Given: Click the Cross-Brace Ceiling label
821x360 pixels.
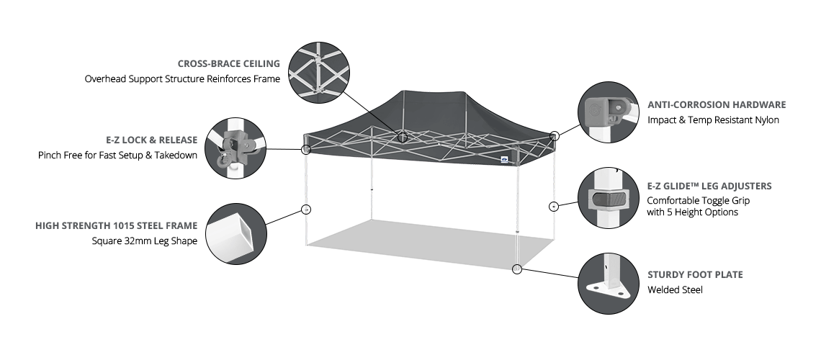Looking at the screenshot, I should [229, 64].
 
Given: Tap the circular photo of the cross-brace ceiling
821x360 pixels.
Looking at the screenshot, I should [318, 71].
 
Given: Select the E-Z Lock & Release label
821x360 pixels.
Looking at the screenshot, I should [151, 140].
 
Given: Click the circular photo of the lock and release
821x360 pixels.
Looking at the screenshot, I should [236, 148].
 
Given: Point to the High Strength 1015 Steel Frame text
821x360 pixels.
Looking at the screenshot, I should [116, 226].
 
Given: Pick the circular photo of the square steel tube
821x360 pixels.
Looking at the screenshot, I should [236, 234].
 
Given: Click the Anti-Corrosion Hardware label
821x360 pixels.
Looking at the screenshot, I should [717, 105].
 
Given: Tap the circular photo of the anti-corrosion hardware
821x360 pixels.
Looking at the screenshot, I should [609, 112].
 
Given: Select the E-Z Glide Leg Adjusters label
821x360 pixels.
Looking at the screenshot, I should [709, 186].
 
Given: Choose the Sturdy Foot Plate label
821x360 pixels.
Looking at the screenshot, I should [695, 275].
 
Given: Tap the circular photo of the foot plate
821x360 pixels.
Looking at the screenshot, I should [609, 283].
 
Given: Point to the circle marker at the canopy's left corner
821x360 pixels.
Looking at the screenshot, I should [306, 149].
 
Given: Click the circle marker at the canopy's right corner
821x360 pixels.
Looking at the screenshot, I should [552, 136].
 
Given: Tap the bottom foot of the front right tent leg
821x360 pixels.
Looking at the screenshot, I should [517, 268].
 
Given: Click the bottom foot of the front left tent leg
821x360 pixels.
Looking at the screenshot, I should [306, 244].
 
